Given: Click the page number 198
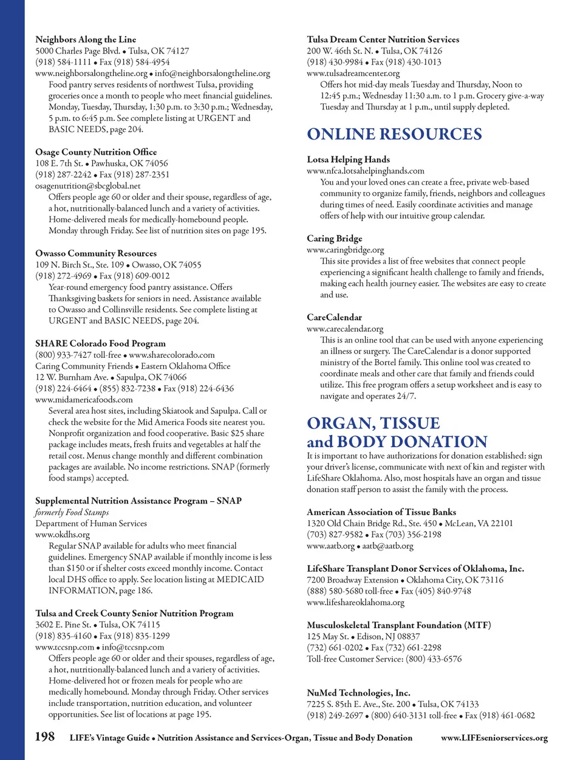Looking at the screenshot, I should point(45,737).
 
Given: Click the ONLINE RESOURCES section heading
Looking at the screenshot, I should point(394,134).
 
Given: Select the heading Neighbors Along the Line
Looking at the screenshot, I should point(86,39).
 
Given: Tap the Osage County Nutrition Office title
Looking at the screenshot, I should point(96,152).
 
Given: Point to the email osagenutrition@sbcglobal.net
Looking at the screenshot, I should point(87,186).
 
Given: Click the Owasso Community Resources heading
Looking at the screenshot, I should point(96,253).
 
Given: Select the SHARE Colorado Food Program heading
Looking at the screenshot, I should point(100,343).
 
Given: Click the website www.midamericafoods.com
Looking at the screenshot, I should point(84,400).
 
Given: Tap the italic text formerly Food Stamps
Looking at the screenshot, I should point(72,512).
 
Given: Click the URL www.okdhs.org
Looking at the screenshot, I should point(63,535).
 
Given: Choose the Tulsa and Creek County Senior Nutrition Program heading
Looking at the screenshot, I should point(134,614).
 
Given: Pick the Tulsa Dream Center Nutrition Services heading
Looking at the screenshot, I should point(383,39).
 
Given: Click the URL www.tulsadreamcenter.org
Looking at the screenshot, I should point(353,74).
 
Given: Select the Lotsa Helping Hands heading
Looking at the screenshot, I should point(348,160).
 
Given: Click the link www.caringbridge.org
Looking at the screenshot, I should point(345,250).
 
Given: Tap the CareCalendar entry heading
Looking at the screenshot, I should point(334,318).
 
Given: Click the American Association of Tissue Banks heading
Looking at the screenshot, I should point(381,512).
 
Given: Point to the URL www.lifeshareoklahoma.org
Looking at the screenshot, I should point(355,603).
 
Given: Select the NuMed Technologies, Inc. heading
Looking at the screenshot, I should point(358,693).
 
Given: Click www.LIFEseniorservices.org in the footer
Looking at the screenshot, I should point(494,738).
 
